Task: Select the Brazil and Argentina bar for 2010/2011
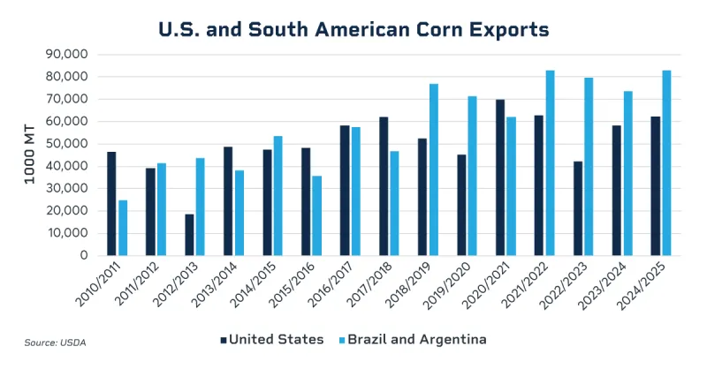(123, 228)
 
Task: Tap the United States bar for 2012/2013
(189, 234)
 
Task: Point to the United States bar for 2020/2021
(500, 177)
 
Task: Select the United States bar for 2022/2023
(578, 207)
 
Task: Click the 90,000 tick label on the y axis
(65, 54)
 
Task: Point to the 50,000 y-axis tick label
(65, 143)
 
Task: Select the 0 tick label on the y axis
(84, 255)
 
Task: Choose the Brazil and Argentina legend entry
(412, 339)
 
